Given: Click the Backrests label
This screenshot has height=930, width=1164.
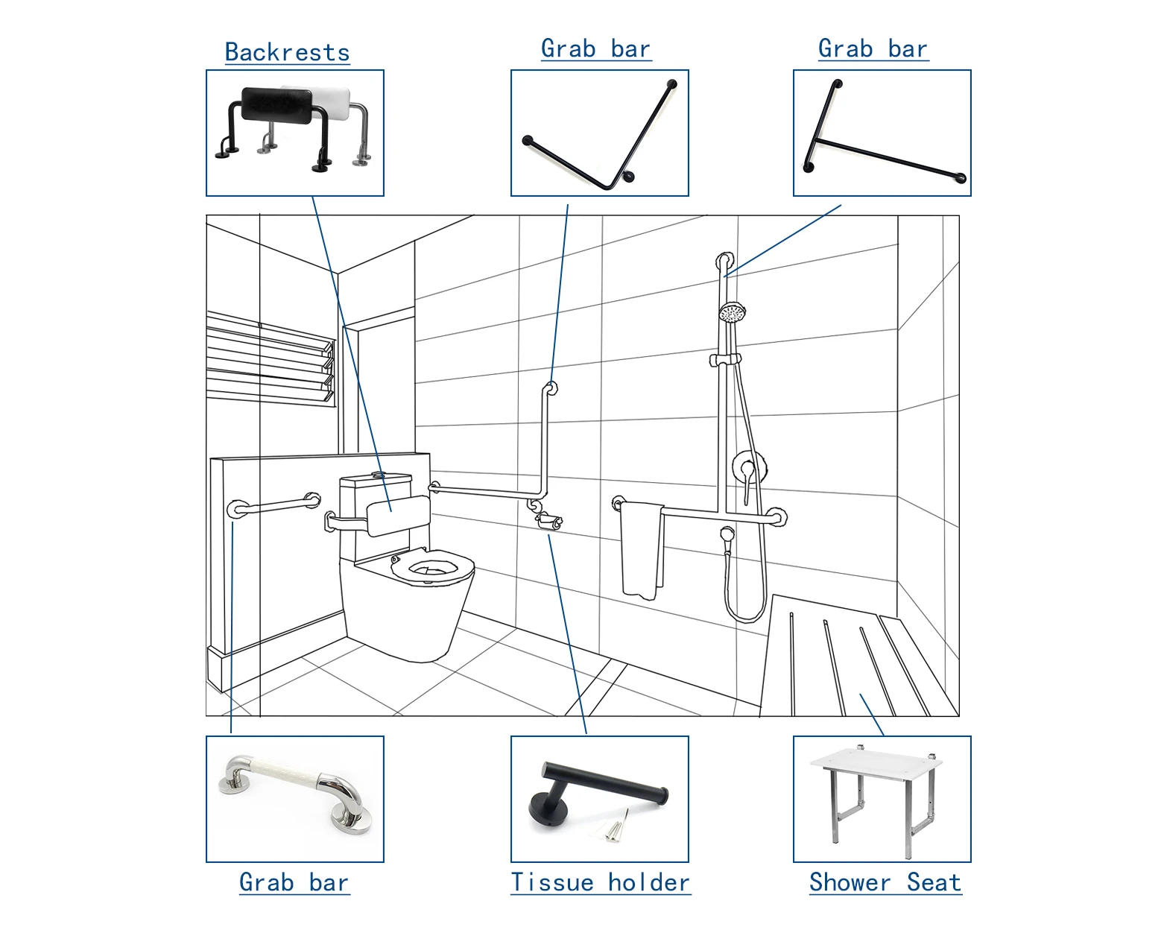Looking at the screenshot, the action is pyautogui.click(x=287, y=52).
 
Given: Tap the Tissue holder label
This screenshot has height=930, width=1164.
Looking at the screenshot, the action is pyautogui.click(x=601, y=882).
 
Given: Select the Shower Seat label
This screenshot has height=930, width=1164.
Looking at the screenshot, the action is pyautogui.click(x=885, y=882).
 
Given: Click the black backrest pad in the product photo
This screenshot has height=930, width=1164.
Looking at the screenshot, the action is pyautogui.click(x=277, y=104).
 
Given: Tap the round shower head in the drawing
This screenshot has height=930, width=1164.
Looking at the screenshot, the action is pyautogui.click(x=732, y=312).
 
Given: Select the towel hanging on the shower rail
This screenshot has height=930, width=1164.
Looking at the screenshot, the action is pyautogui.click(x=642, y=550).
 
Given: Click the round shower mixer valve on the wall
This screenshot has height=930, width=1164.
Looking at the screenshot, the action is pyautogui.click(x=749, y=467).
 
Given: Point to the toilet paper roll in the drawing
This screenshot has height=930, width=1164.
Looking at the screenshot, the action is pyautogui.click(x=551, y=522).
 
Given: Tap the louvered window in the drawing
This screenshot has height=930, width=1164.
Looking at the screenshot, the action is pyautogui.click(x=271, y=359).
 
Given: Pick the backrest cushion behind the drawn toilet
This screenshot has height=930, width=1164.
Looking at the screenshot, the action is pyautogui.click(x=399, y=516).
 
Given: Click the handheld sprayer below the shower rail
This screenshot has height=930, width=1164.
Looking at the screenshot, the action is pyautogui.click(x=727, y=541).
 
